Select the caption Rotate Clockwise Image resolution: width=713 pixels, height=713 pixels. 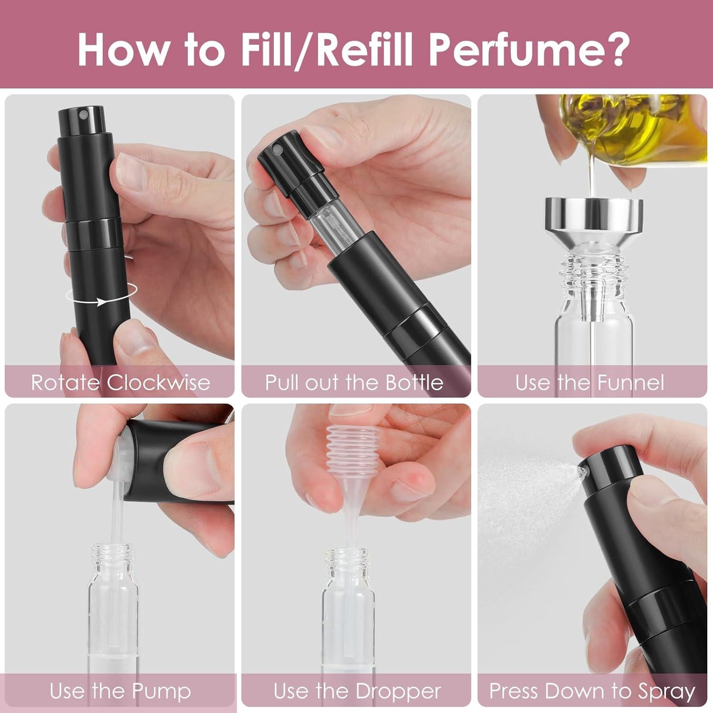pyautogui.click(x=120, y=382)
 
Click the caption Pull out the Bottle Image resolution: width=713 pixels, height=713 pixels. pyautogui.click(x=354, y=382)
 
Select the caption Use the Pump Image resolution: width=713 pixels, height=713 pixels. pyautogui.click(x=120, y=690)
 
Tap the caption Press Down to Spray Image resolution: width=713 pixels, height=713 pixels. pyautogui.click(x=592, y=690)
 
